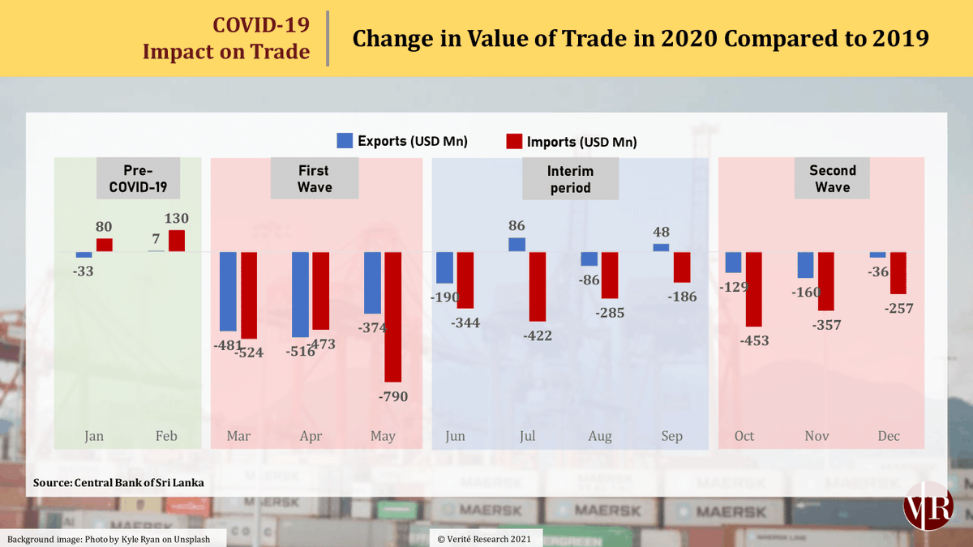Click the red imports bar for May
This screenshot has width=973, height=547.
392,316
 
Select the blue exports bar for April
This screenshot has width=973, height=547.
300,294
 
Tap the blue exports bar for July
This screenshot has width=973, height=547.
517,245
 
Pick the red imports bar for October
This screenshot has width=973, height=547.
754,288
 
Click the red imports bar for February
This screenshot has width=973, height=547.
177,241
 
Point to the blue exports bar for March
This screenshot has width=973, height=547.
228,291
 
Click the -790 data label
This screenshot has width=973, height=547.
392,396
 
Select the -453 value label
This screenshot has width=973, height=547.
753,340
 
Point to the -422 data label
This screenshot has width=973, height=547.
537,335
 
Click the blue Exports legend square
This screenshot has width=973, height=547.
345,140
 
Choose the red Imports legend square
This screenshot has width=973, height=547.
514,141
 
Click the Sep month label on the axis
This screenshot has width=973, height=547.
672,436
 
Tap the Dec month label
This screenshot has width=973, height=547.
889,436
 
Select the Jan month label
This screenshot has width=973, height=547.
94,436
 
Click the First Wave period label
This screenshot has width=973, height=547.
313,178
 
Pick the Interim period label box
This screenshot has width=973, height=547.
569,178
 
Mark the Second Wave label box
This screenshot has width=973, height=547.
832,178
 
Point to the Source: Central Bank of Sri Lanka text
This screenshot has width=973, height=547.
118,483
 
